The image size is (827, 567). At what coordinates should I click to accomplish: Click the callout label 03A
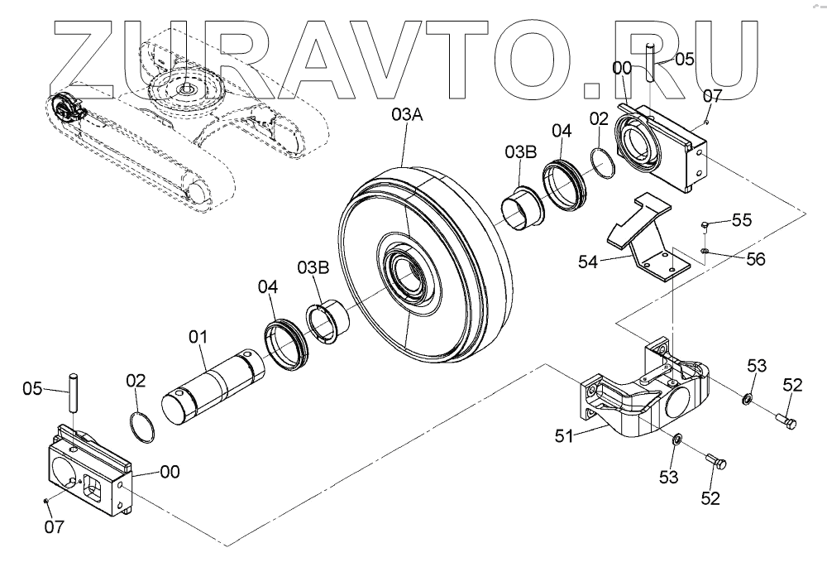tap(407, 116)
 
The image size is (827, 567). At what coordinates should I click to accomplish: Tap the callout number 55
tap(742, 220)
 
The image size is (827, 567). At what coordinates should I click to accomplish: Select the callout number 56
tap(754, 258)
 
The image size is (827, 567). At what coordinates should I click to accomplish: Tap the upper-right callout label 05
tap(684, 59)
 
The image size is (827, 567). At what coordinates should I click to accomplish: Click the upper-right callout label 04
tap(562, 130)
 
